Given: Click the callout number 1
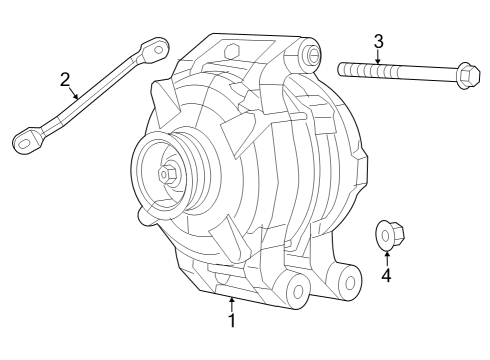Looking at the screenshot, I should pos(232,321).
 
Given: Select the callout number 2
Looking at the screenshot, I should pos(65,79).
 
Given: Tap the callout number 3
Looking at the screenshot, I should pos(378,41).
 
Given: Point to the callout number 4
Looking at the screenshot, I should pos(386,275).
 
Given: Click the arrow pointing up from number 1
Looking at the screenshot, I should pos(232,302).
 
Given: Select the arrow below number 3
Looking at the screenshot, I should pos(378,58).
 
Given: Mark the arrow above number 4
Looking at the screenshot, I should pos(386,256).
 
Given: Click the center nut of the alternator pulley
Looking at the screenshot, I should pos(165,174).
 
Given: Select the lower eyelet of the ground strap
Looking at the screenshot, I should pos(26,142).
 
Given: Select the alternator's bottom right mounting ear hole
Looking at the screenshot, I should pos(351,283).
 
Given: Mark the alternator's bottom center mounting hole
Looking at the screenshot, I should pos(296,292).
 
